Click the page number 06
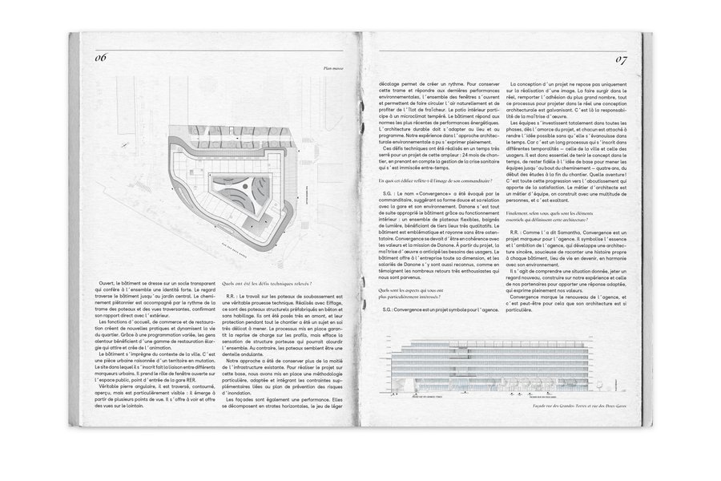point(102,58)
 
